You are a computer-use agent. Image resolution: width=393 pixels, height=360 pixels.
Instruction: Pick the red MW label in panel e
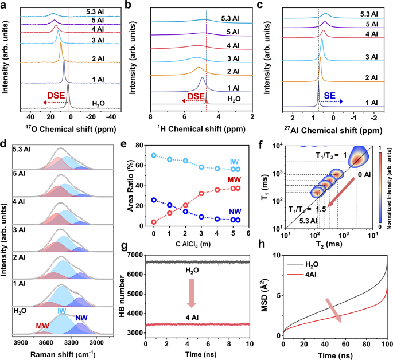(251, 180)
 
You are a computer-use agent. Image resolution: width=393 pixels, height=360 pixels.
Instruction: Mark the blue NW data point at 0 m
(154, 199)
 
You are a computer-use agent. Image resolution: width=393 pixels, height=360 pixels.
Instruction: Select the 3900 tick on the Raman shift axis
(20, 343)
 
